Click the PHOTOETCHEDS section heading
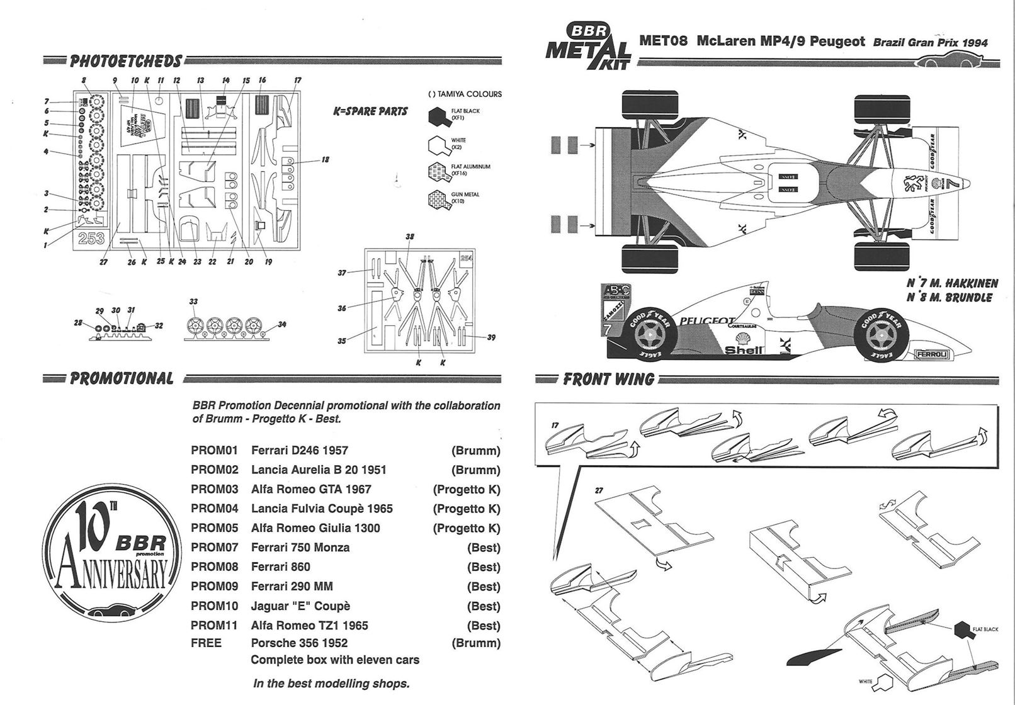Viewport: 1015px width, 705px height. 125,61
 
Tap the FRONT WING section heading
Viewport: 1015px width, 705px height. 608,379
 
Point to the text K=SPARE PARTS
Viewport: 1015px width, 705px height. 370,111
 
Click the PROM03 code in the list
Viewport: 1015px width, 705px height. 214,489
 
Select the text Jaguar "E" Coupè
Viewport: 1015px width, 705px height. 300,606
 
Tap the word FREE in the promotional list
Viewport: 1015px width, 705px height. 206,643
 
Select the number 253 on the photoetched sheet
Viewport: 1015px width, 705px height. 91,239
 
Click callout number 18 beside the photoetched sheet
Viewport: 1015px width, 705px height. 325,160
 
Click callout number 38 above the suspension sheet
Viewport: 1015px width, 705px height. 410,237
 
